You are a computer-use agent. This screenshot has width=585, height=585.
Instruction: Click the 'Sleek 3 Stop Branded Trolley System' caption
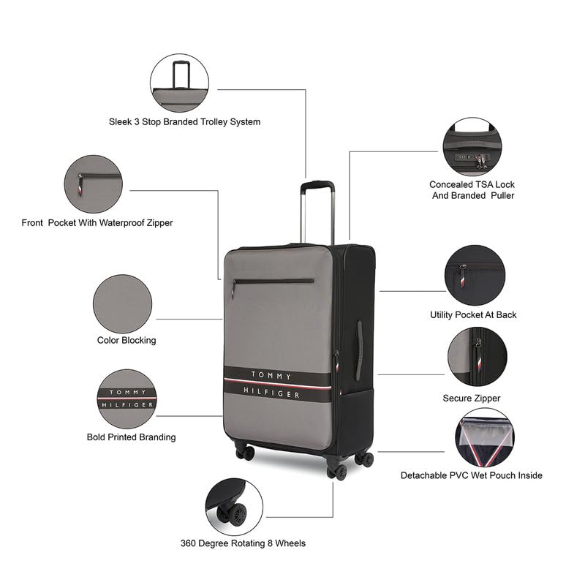[180, 122]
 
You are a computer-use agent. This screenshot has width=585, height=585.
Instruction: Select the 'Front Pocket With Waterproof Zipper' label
[97, 222]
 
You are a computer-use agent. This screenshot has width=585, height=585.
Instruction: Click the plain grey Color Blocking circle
[123, 303]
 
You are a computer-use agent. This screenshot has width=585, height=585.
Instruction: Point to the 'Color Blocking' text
[127, 340]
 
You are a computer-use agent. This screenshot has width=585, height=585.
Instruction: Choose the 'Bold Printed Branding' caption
[132, 437]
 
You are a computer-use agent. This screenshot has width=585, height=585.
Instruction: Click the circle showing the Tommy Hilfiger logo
[127, 399]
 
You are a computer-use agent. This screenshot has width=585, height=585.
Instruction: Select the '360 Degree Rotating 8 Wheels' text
[243, 543]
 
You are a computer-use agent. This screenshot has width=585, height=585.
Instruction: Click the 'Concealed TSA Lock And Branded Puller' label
[472, 190]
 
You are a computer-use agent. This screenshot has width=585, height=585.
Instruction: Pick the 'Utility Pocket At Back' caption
[473, 314]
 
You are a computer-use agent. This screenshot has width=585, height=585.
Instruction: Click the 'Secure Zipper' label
[472, 399]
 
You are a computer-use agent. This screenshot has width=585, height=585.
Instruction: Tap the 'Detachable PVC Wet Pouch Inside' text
[472, 475]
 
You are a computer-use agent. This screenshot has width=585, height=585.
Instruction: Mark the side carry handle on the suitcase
[359, 350]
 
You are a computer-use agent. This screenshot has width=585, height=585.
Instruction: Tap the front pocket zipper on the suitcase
[273, 280]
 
